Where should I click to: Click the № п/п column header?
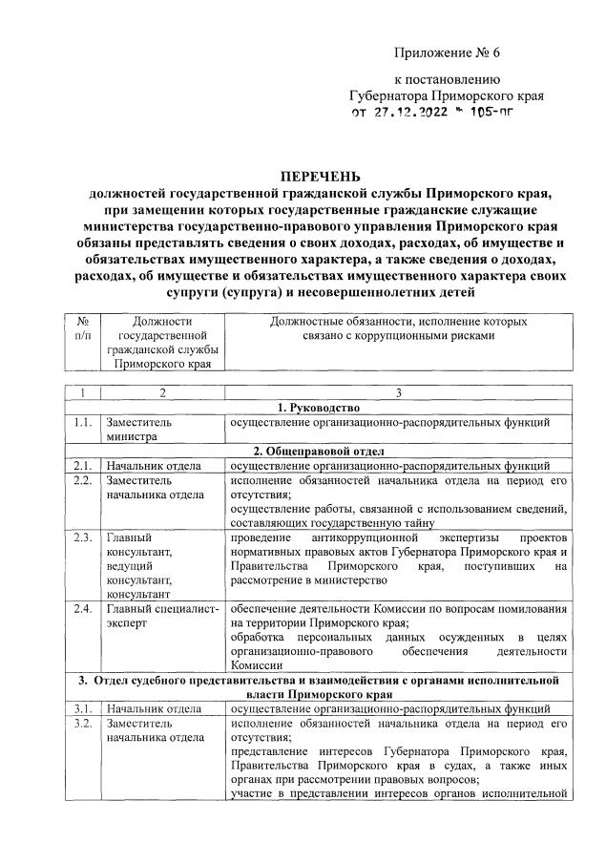click(x=81, y=330)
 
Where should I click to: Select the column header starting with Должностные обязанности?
click(x=398, y=330)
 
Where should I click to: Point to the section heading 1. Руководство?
click(x=320, y=408)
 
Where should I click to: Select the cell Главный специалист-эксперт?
click(x=162, y=617)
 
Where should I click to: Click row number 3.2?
click(x=81, y=723)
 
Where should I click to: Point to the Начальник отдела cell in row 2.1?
click(x=153, y=466)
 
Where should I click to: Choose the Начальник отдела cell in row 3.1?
click(x=153, y=708)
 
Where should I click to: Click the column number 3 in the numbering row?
click(x=398, y=392)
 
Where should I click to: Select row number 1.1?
click(x=81, y=422)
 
